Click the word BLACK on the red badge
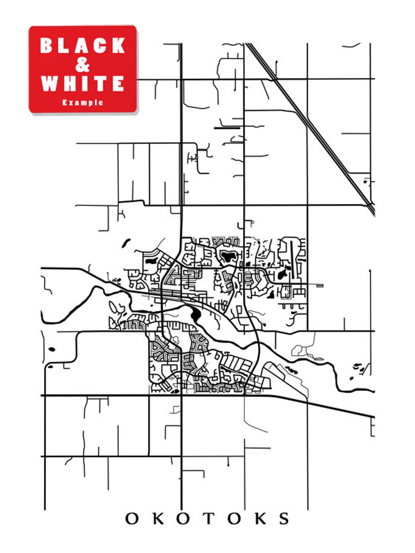[x=83, y=46]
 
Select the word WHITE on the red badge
[x=83, y=83]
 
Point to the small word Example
[x=83, y=103]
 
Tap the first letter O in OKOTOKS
[x=132, y=518]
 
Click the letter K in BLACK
[x=117, y=46]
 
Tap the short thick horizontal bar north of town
[x=227, y=128]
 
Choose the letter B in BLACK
[x=47, y=46]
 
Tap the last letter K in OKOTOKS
[x=260, y=518]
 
